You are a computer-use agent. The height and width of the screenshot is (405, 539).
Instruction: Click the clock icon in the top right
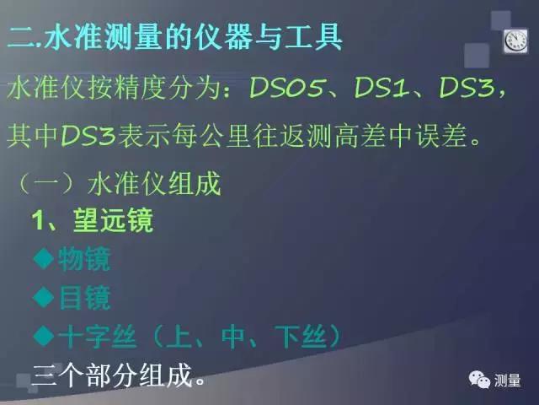click(514, 40)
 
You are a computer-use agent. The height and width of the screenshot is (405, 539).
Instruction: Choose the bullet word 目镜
click(84, 298)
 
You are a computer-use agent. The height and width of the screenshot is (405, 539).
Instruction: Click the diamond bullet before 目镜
click(44, 297)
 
